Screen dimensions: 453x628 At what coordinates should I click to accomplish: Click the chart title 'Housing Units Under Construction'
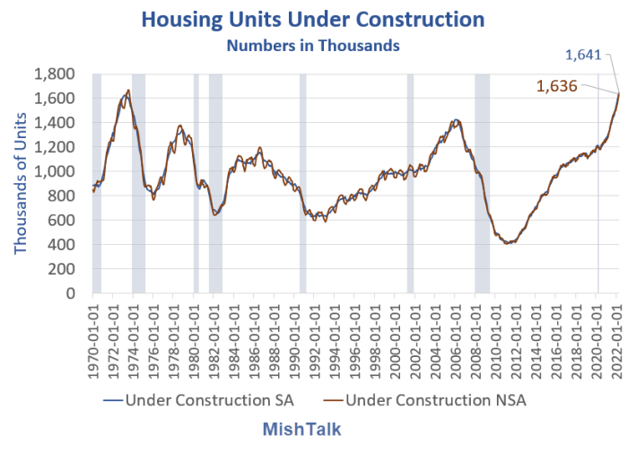(x=313, y=20)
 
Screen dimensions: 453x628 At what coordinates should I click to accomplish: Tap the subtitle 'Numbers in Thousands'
(x=313, y=45)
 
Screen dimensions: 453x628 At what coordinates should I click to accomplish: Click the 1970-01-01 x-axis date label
(x=94, y=331)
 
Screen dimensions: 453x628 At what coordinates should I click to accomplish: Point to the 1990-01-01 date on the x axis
(x=295, y=331)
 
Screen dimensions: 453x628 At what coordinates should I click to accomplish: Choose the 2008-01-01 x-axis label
(x=476, y=331)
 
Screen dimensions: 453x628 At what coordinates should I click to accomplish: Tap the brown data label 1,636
(x=556, y=87)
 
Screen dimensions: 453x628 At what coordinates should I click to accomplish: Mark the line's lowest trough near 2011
(x=509, y=242)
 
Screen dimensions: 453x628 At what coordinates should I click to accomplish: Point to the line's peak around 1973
(x=128, y=91)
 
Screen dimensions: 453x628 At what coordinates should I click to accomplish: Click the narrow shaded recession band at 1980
(x=196, y=184)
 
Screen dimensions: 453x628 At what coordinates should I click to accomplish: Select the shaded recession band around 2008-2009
(x=482, y=184)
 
